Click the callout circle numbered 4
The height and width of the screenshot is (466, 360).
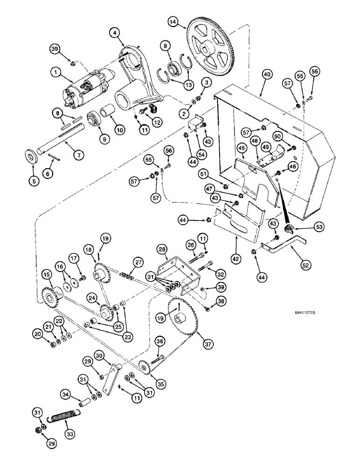[115, 33]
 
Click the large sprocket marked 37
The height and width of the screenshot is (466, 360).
[184, 322]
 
